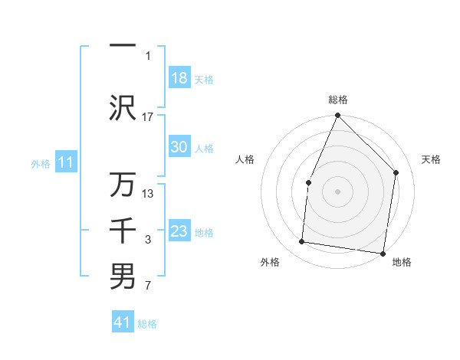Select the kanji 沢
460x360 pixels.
123,106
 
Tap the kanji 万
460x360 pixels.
123,185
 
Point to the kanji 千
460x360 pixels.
123,231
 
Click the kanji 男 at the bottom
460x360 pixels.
123,277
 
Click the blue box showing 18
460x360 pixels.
179,78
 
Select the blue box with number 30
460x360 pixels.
179,148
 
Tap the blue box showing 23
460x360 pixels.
179,231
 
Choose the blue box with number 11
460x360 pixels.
65,162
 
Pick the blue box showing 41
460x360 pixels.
123,322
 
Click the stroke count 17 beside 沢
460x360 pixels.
148,117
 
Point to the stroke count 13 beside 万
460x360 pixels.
148,194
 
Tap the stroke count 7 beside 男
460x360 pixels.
148,286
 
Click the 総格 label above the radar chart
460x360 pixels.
337,100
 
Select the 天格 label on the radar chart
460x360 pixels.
431,159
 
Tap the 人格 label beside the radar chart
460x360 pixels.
245,159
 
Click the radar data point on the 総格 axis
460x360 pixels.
337,116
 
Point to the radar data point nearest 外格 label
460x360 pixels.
302,242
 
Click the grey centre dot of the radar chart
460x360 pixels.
337,191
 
